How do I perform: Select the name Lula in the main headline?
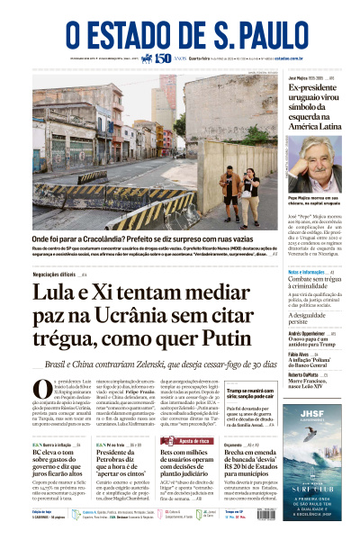59,293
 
